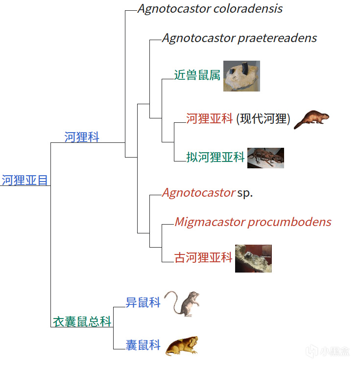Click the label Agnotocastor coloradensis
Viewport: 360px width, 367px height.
(x=210, y=9)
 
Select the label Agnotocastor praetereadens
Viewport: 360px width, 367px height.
(x=240, y=38)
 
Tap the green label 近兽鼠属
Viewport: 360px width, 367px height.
(x=197, y=75)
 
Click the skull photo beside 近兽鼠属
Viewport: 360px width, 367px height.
(x=241, y=76)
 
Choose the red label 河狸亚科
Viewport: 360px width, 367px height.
(x=209, y=118)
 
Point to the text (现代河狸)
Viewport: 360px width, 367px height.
(x=264, y=118)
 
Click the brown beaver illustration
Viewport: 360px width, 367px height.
(x=311, y=119)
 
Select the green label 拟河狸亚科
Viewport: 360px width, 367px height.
(x=216, y=157)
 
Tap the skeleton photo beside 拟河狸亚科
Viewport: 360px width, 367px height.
(x=265, y=158)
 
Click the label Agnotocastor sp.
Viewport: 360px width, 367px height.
(x=207, y=193)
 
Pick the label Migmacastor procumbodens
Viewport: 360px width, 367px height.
(x=253, y=222)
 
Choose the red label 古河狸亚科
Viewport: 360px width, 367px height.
(x=203, y=257)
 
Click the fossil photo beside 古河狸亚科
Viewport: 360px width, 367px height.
(x=253, y=258)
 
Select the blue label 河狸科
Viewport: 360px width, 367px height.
(x=82, y=138)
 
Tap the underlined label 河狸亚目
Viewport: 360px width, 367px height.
(x=25, y=180)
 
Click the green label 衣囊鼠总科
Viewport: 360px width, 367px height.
(x=82, y=321)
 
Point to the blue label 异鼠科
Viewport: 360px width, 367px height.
(x=143, y=302)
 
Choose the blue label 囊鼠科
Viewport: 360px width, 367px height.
(x=143, y=345)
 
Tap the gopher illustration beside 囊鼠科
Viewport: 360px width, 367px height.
(x=182, y=345)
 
